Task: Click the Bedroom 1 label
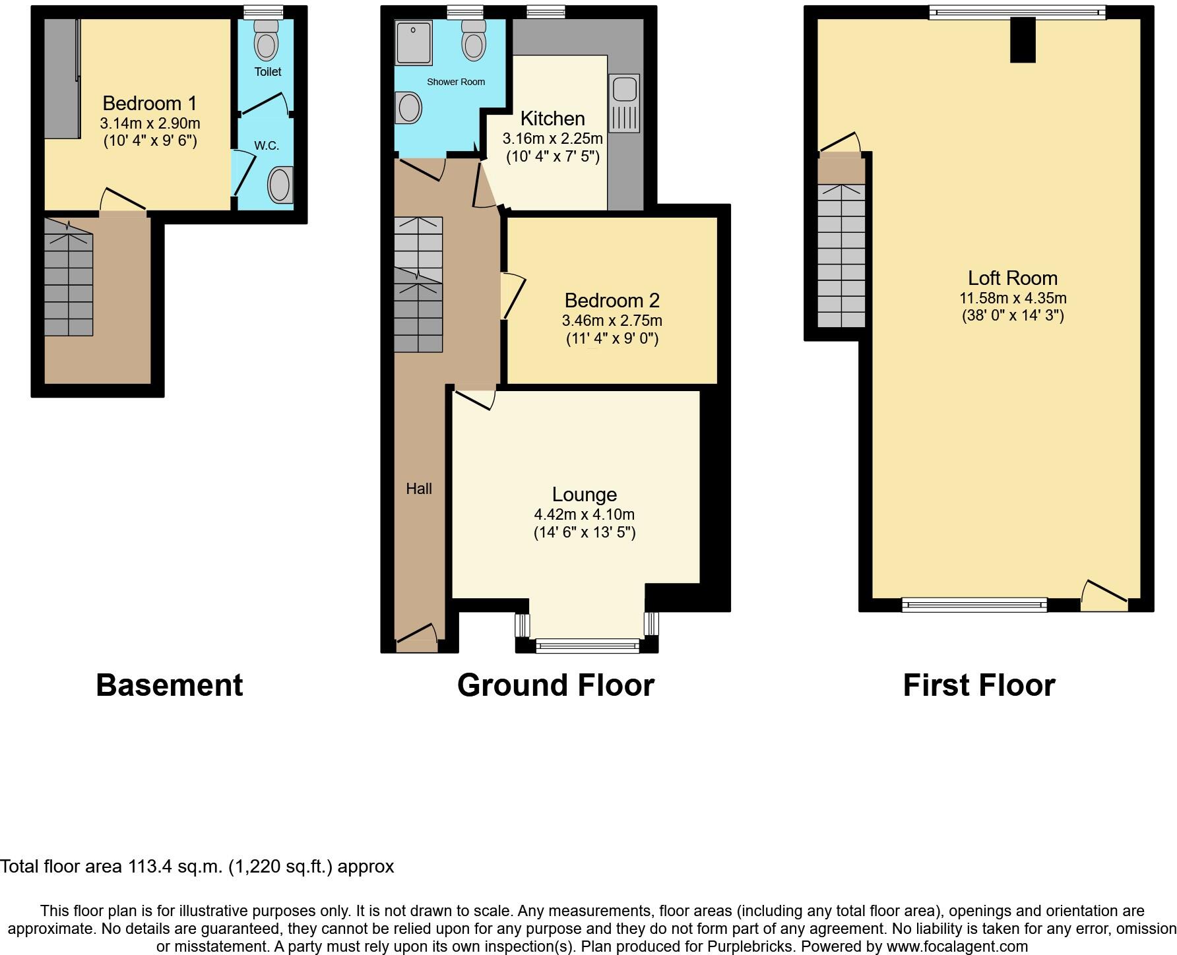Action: tap(150, 104)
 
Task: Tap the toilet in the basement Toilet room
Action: tap(267, 41)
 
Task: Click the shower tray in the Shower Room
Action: tap(413, 42)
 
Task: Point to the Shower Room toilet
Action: tap(474, 41)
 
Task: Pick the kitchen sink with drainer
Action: tap(623, 104)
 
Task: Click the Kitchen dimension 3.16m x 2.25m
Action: tap(552, 139)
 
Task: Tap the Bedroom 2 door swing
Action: tap(513, 296)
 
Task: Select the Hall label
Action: tap(419, 489)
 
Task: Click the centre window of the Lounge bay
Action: tap(587, 646)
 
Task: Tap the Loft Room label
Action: tap(1013, 278)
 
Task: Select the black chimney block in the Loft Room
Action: tap(1023, 40)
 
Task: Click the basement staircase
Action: tap(69, 277)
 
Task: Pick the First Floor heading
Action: tap(978, 686)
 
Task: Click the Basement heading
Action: tap(170, 686)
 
